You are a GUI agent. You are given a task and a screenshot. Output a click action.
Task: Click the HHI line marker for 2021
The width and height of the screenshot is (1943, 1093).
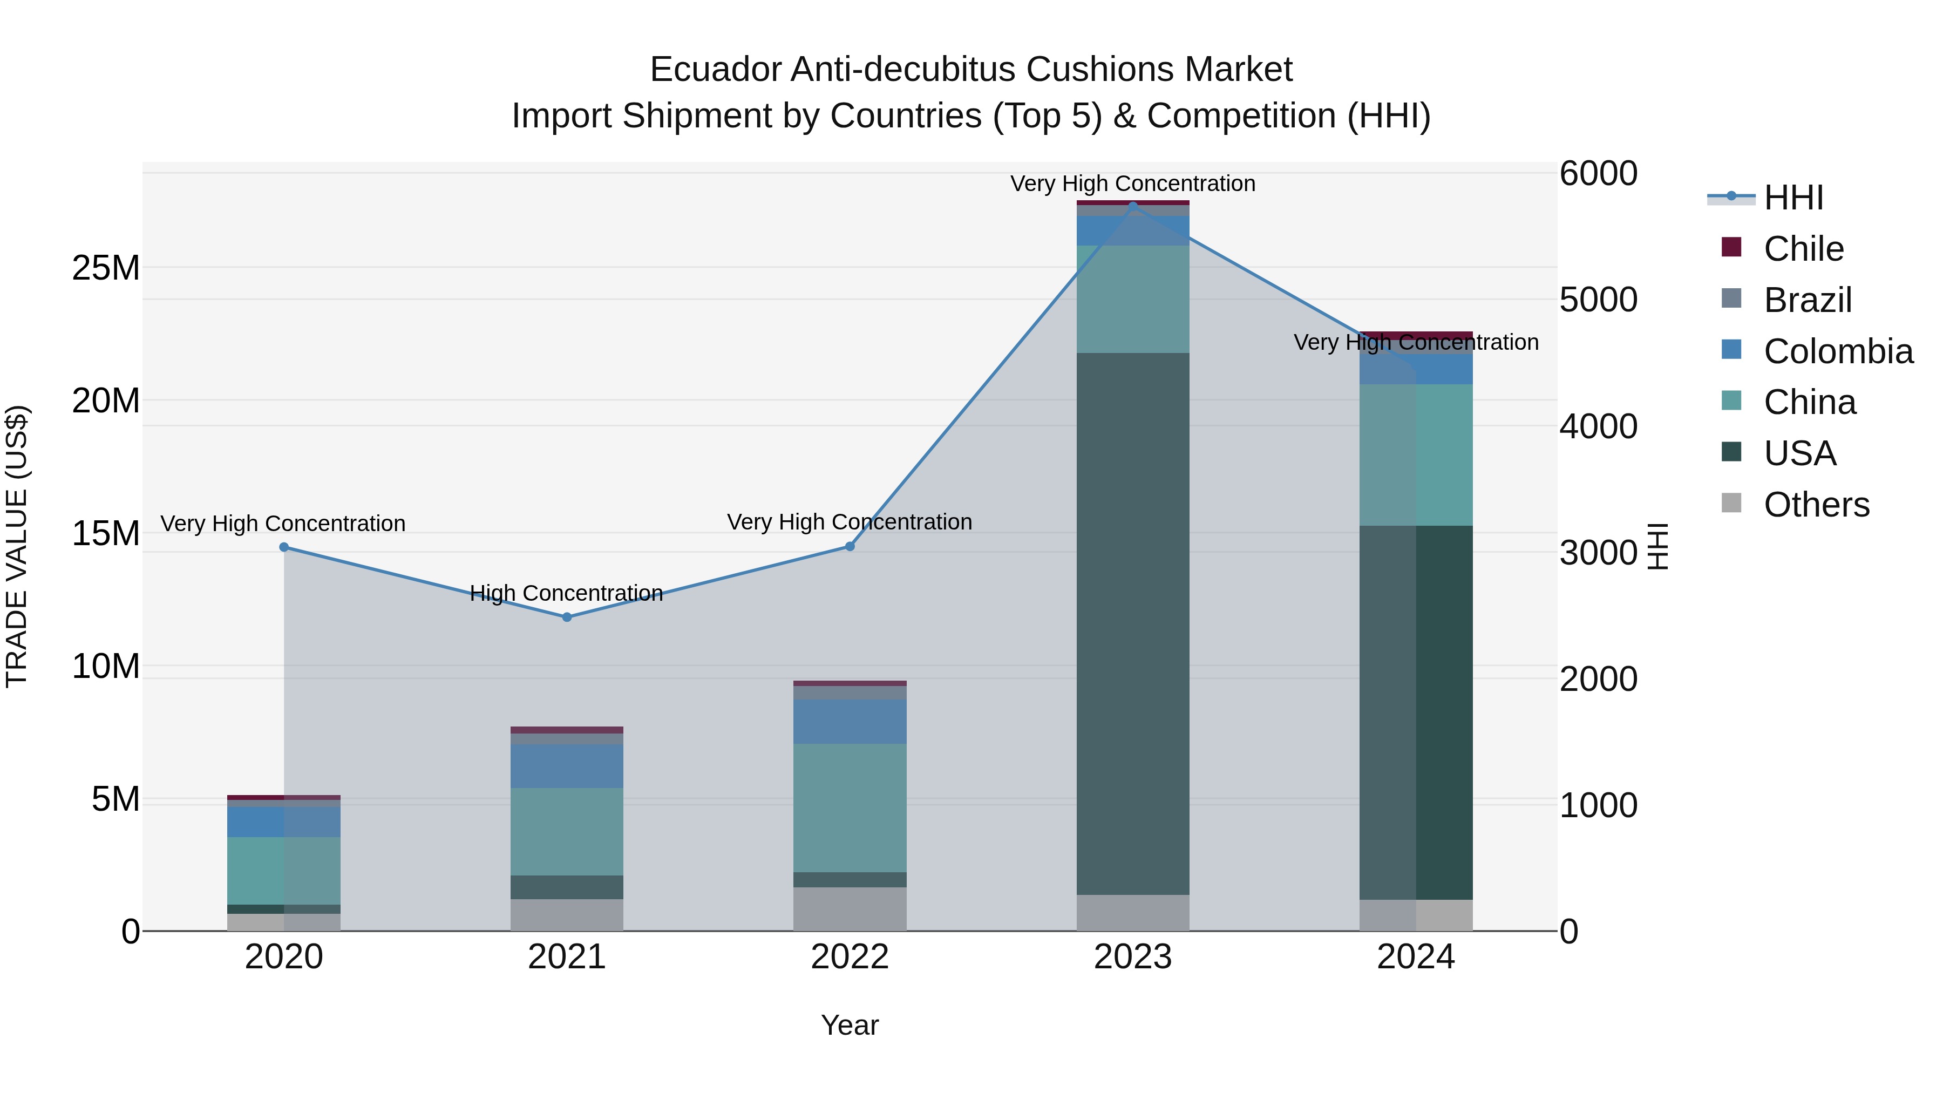567,617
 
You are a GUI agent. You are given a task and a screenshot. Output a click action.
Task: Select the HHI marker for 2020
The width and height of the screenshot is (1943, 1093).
283,547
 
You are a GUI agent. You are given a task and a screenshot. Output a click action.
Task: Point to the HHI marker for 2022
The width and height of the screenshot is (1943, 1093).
850,546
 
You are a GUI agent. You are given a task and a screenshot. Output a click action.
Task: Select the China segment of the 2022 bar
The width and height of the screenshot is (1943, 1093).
850,808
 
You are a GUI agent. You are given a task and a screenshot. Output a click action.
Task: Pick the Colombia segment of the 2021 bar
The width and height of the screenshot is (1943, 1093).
567,765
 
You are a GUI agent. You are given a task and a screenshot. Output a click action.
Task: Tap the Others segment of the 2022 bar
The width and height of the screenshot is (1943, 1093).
850,908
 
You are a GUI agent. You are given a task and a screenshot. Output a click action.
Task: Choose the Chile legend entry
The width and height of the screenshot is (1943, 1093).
1803,249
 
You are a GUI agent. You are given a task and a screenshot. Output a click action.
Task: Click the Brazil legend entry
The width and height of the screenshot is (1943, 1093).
1807,300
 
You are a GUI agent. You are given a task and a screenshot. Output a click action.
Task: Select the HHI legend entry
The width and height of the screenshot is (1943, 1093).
1793,198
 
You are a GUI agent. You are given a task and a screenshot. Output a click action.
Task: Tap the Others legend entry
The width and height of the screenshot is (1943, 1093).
1816,505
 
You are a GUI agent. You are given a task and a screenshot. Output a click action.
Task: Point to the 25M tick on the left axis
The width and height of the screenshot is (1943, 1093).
106,268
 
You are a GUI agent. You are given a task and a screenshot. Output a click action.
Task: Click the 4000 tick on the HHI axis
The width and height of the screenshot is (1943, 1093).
1598,426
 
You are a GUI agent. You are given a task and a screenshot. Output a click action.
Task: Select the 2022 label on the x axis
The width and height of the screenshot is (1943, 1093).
850,957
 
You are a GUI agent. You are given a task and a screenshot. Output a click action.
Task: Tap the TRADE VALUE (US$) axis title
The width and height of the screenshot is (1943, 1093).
17,546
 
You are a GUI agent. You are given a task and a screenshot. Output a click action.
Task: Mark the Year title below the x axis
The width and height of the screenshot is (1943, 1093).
850,1025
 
